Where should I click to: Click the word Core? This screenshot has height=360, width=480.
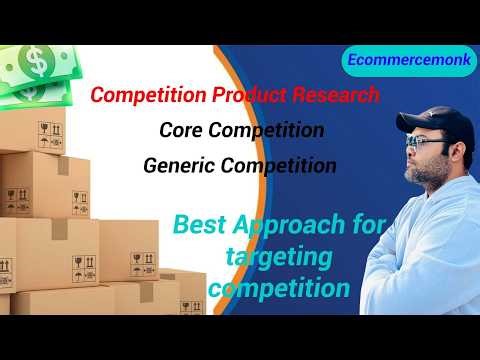coord(183,130)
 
